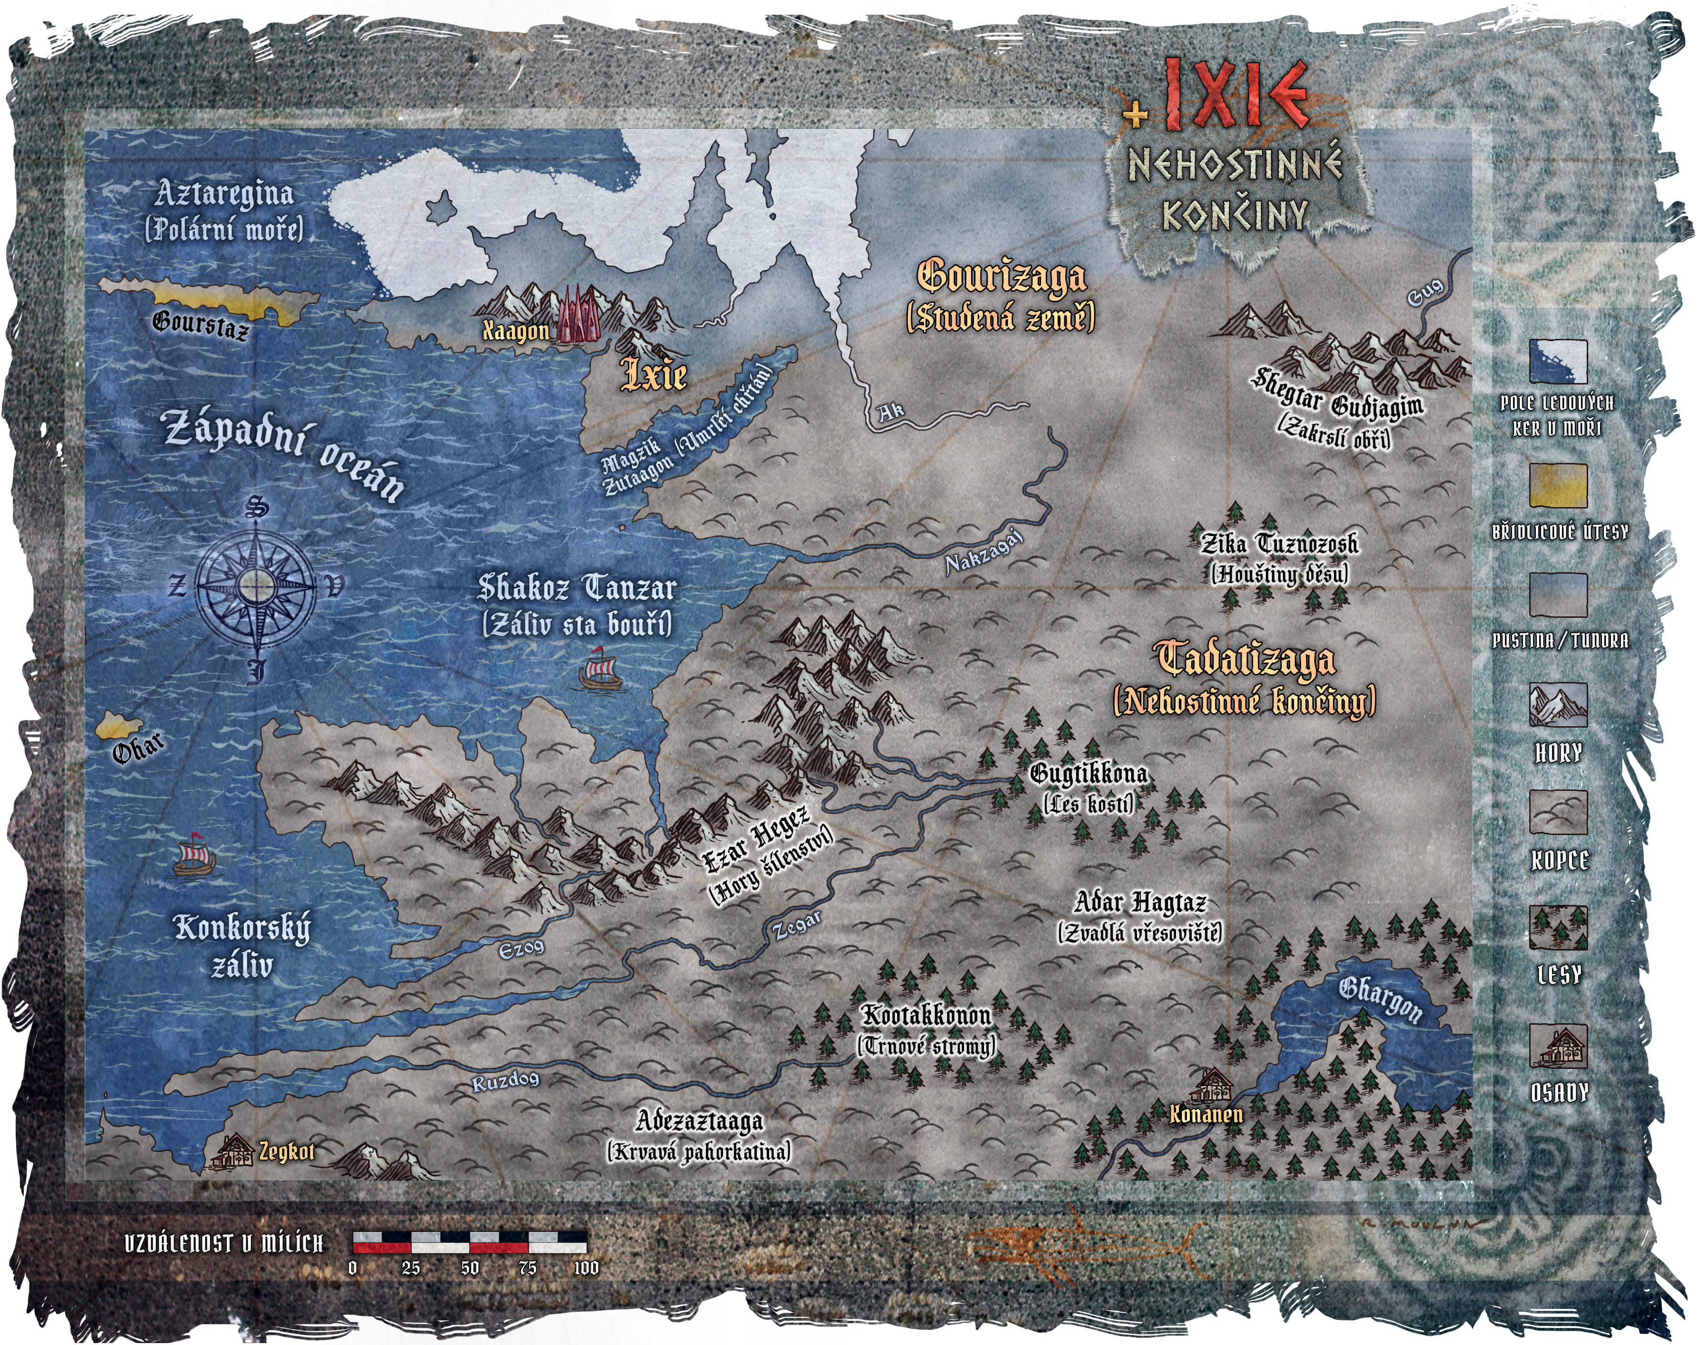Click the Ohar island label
click(x=138, y=749)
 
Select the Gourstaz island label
click(x=201, y=324)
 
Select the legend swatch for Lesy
click(x=1558, y=928)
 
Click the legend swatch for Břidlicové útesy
click(x=1558, y=486)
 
